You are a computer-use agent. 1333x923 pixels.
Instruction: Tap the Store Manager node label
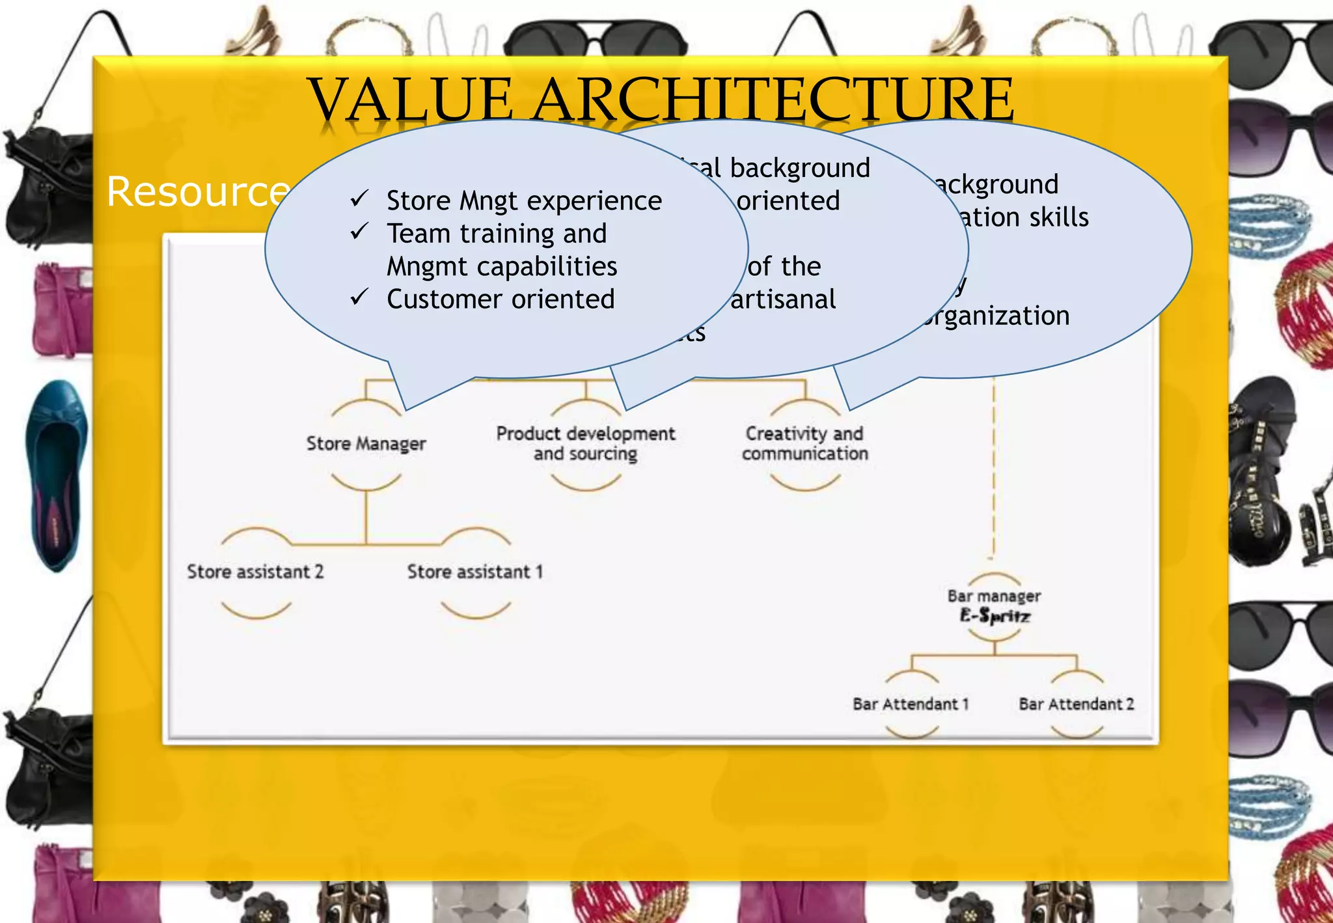click(366, 444)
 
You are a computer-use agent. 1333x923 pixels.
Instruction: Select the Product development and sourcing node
click(585, 443)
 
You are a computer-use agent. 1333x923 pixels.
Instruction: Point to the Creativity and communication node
click(805, 443)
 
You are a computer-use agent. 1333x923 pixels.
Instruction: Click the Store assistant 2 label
click(254, 572)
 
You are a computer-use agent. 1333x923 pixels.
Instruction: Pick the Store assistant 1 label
click(474, 572)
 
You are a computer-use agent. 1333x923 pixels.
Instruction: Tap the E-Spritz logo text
click(995, 615)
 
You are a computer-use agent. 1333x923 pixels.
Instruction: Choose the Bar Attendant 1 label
click(911, 704)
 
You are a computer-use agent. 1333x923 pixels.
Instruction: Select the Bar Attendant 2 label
click(1076, 704)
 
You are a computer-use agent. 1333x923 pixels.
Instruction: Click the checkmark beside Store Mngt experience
click(359, 198)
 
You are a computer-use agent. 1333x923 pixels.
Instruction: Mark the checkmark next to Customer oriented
click(359, 297)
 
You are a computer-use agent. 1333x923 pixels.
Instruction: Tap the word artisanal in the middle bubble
click(783, 299)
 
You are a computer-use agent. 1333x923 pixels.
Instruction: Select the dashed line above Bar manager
click(993, 469)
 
